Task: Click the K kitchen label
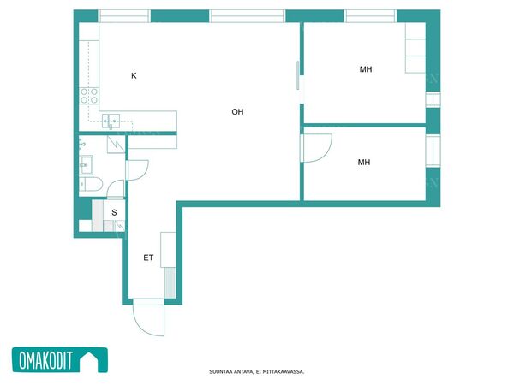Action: (134, 75)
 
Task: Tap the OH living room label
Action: (237, 112)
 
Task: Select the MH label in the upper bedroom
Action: (366, 69)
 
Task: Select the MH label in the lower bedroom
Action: (364, 162)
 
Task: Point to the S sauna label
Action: (114, 212)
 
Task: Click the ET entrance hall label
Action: (148, 258)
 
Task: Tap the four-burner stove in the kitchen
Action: (89, 96)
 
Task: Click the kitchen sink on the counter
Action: (111, 121)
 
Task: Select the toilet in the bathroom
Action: (91, 184)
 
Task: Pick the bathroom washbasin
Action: (87, 165)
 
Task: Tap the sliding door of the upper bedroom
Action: (297, 75)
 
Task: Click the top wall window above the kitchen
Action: (124, 16)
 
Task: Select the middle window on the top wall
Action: (248, 16)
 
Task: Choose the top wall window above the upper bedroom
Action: (370, 16)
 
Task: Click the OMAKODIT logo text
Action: (45, 360)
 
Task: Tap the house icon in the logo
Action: (90, 360)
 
